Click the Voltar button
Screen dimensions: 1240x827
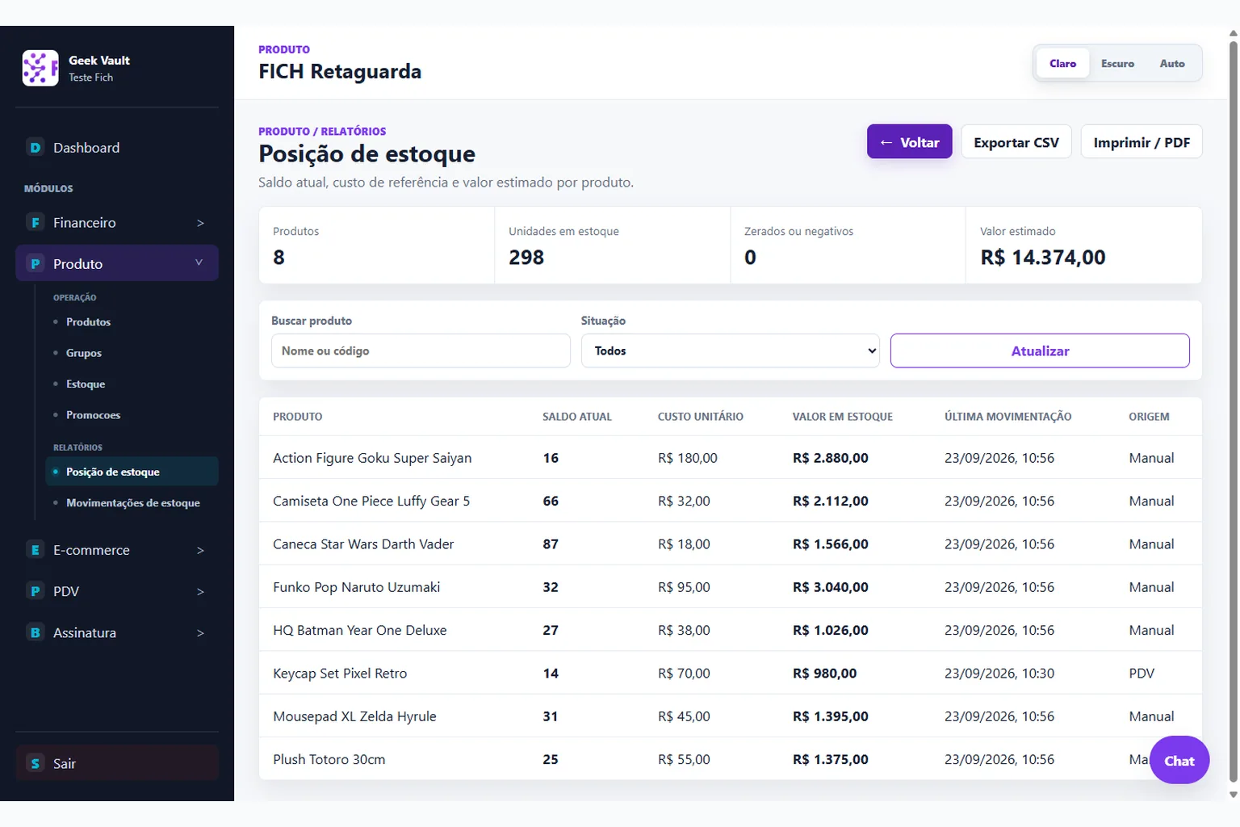[x=909, y=142]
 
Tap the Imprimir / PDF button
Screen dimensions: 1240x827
[x=1141, y=142]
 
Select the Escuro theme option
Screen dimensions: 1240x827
[x=1117, y=63]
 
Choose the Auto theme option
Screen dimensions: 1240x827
[x=1172, y=63]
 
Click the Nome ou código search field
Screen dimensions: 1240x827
[x=420, y=351]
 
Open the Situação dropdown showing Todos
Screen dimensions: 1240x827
[x=730, y=351]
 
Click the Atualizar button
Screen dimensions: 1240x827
[x=1040, y=351]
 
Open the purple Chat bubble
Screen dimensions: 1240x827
[x=1179, y=760]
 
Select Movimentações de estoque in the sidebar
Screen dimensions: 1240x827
[x=133, y=502]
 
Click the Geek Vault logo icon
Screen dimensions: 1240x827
[x=40, y=68]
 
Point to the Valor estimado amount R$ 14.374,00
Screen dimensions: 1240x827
[x=1042, y=257]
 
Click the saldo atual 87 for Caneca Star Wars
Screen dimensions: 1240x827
[x=551, y=544]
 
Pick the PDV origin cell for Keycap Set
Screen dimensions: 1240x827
[x=1142, y=673]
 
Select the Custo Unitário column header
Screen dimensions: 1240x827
[x=700, y=417]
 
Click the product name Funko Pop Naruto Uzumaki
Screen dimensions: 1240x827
[x=357, y=587]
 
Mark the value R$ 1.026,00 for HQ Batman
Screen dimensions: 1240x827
[x=831, y=630]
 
